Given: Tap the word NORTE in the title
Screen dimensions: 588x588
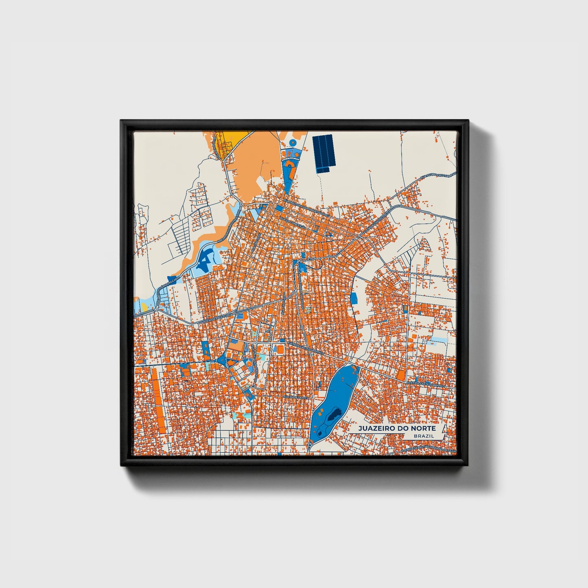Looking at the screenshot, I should point(424,428).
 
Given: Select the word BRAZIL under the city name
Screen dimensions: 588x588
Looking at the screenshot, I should point(423,436).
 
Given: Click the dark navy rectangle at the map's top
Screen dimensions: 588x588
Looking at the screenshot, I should point(324,153).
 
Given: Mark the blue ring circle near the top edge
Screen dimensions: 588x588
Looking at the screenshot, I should point(292,142).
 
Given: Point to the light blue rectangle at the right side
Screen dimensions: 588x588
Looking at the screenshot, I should point(438,339).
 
